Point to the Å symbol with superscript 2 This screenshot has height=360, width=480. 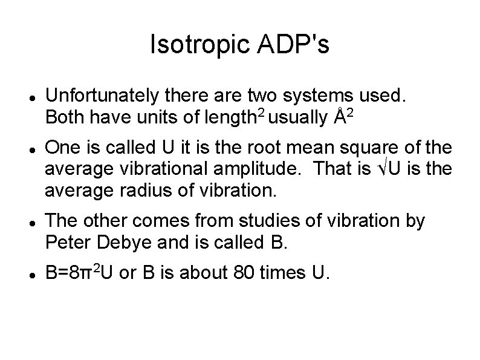[x=345, y=115]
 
